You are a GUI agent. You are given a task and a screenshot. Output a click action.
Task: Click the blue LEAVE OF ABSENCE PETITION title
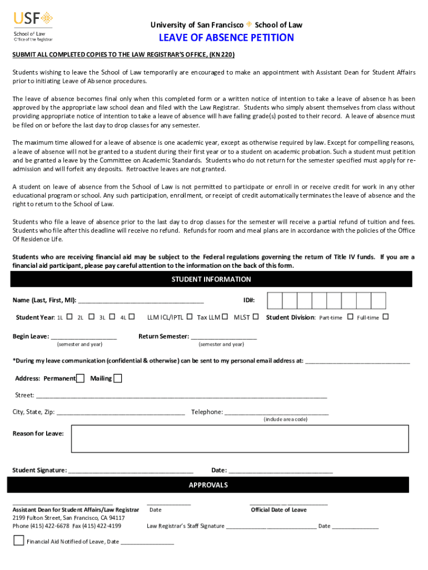tap(226, 38)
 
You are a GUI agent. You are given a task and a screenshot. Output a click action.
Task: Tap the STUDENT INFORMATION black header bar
tap(211, 279)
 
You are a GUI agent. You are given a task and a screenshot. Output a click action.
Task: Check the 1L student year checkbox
tap(69, 317)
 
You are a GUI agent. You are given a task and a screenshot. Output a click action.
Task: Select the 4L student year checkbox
tap(132, 317)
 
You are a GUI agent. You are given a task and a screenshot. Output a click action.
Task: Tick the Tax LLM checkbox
tap(225, 317)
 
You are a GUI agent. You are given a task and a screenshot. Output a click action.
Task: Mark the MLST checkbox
tap(256, 317)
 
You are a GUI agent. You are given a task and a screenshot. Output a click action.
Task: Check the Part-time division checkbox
tap(350, 317)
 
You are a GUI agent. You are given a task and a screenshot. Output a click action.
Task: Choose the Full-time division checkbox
tap(386, 317)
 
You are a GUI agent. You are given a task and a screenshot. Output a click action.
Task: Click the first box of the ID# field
tap(275, 301)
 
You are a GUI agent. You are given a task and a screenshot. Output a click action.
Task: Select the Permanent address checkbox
tap(80, 379)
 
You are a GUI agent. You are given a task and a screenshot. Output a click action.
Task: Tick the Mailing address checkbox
tap(117, 379)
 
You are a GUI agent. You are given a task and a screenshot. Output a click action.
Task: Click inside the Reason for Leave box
tap(242, 439)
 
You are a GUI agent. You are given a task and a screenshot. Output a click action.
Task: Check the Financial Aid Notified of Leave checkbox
tap(19, 540)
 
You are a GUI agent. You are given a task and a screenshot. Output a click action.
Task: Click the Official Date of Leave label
tap(278, 510)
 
